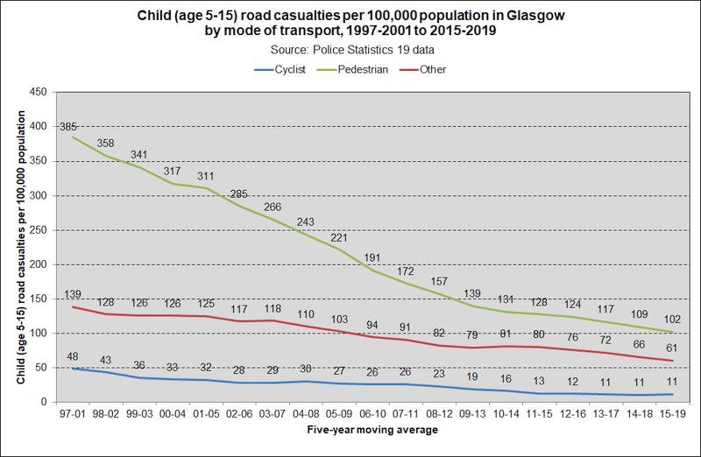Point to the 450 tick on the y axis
pos(39,92)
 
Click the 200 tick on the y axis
pos(39,264)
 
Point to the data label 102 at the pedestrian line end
pos(672,320)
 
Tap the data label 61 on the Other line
pos(672,348)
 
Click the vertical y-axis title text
pos(20,247)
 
